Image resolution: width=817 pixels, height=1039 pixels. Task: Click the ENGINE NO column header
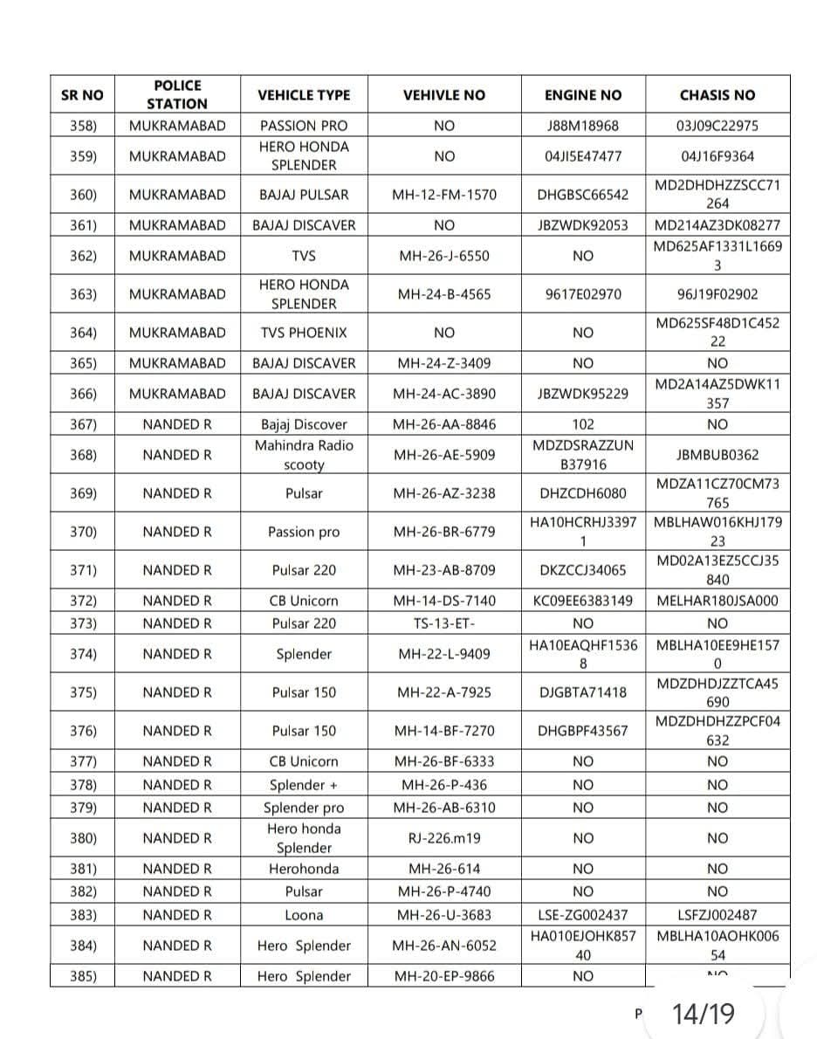[582, 95]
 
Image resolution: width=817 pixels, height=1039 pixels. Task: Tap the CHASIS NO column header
[717, 95]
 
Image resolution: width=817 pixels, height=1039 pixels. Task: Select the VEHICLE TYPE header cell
[304, 95]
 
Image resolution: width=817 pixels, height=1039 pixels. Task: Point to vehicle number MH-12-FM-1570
[443, 195]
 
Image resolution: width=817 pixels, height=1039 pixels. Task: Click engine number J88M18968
[582, 126]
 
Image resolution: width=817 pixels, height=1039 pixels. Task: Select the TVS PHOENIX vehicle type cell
[304, 333]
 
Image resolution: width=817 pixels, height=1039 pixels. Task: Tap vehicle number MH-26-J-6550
[443, 256]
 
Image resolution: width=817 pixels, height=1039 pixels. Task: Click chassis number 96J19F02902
[717, 294]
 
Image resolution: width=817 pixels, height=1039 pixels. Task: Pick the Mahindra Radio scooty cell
[304, 455]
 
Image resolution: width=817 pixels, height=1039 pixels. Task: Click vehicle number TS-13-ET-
[443, 623]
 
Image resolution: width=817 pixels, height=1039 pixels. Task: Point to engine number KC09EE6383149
[582, 601]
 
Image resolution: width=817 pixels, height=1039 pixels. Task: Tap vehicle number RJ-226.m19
[443, 838]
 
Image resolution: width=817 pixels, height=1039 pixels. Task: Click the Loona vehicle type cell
[304, 915]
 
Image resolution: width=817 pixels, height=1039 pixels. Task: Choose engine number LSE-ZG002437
[582, 915]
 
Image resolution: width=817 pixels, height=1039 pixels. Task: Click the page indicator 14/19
[704, 1014]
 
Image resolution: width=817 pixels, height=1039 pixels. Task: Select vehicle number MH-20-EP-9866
[443, 976]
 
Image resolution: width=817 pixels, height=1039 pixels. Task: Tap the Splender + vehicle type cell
[304, 785]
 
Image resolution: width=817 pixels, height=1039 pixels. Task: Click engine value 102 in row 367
[582, 425]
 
